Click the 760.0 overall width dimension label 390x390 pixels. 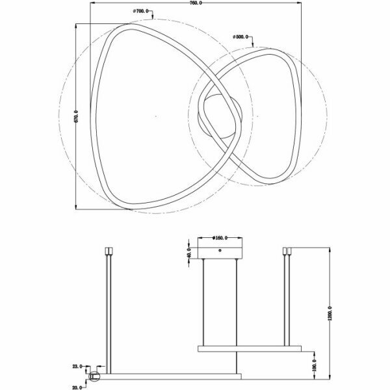tap(194, 3)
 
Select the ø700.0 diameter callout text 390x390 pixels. tap(142, 11)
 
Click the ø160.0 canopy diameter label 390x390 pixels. tap(222, 237)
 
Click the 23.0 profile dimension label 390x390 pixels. tap(78, 367)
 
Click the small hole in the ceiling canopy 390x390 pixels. tap(220, 250)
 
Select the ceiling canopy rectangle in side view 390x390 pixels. tap(220, 252)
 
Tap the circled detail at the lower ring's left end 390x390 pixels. tap(94, 376)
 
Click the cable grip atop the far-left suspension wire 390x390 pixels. tap(107, 250)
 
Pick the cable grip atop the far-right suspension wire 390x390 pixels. tap(285, 250)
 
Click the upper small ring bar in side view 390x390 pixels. tap(250, 348)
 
